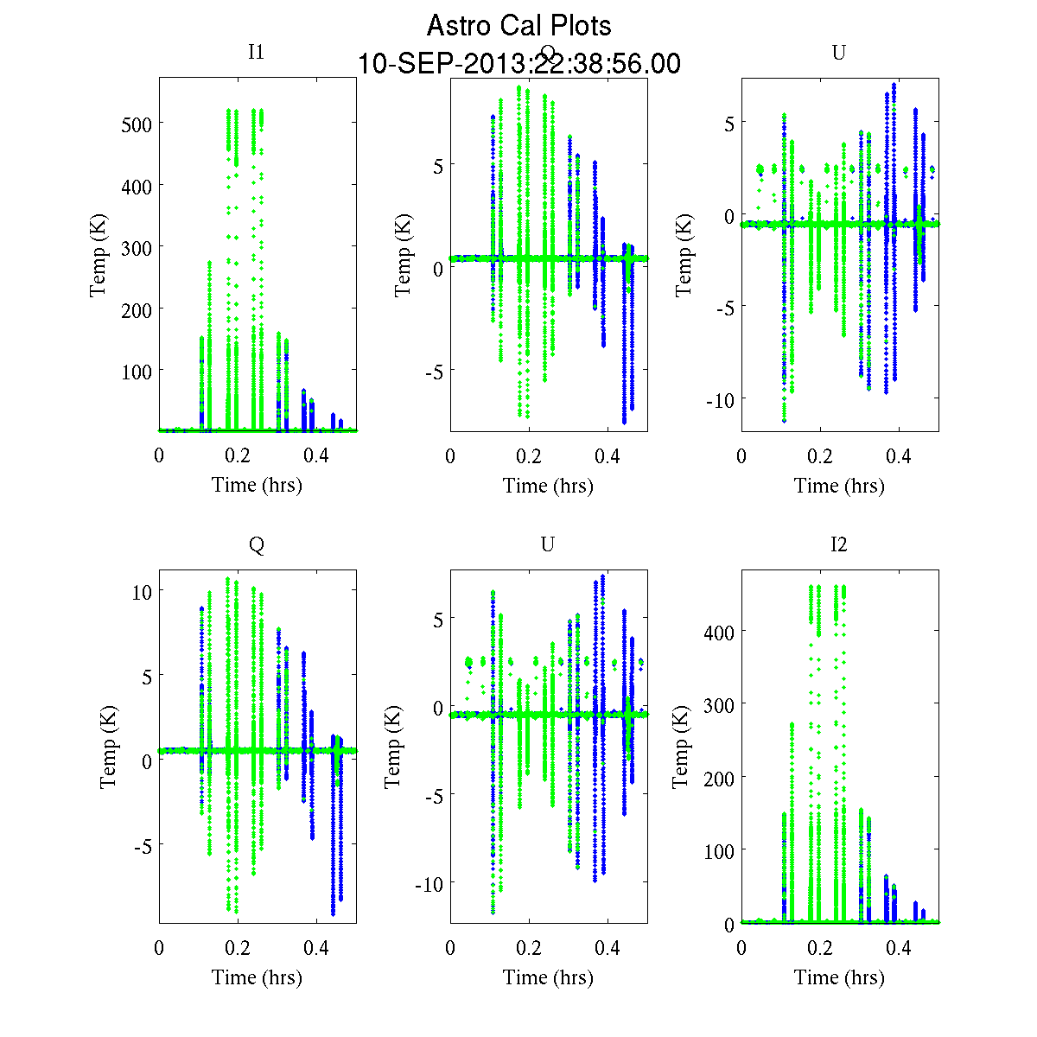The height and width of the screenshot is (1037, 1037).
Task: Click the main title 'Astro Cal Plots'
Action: click(x=518, y=26)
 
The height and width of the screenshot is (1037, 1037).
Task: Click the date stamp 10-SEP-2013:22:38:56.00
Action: click(x=518, y=64)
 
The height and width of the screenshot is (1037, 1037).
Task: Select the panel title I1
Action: click(x=256, y=52)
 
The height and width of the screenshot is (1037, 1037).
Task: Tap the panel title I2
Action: click(x=838, y=544)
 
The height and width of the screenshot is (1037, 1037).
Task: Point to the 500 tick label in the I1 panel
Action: click(x=136, y=124)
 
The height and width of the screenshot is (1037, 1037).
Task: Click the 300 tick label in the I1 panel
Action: click(x=136, y=248)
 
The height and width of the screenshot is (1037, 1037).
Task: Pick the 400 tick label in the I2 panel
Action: click(x=718, y=633)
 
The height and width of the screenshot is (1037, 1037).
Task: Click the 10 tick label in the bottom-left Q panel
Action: click(x=142, y=592)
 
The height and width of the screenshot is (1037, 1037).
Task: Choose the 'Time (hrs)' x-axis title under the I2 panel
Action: click(x=839, y=977)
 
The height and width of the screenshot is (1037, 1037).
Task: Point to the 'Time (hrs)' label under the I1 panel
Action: click(x=257, y=485)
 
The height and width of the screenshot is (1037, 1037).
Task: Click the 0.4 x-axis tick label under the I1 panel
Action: click(x=316, y=455)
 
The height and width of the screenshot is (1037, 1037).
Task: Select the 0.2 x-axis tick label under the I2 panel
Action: click(x=820, y=948)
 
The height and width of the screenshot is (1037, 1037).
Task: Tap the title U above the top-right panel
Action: click(x=838, y=53)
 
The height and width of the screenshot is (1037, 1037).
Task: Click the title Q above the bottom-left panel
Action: click(x=257, y=544)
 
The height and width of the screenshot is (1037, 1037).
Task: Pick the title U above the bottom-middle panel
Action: click(x=547, y=544)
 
